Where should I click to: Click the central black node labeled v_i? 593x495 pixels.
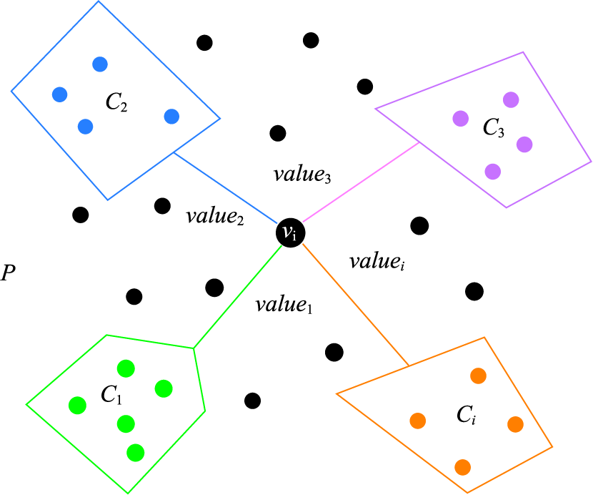pos(291,233)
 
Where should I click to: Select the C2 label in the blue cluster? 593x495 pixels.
pos(116,102)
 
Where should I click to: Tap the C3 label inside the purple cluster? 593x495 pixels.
pos(494,127)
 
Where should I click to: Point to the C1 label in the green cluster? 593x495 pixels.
pos(111,395)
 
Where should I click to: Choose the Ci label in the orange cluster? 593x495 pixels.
pos(467,415)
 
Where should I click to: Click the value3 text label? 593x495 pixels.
pos(302,175)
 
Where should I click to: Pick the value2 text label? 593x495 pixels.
pos(215,217)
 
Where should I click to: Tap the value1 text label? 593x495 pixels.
pos(284,305)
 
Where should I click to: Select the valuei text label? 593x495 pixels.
pos(377,262)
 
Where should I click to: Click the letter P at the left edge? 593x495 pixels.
pos(8,273)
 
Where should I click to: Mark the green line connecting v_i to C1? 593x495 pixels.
pos(237,297)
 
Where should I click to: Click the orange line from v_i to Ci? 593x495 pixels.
pos(356,305)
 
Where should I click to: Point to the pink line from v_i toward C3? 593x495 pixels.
pos(361,182)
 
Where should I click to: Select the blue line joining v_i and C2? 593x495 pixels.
pos(226,188)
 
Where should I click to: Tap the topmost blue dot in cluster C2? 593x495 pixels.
pos(100,64)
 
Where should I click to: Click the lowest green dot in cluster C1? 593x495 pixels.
pos(136,453)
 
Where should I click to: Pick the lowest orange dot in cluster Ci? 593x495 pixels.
pos(462,467)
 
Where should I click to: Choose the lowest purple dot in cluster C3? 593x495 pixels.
pos(493,172)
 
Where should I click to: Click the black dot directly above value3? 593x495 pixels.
pos(278,133)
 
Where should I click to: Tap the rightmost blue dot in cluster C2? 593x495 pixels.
pos(171,117)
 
